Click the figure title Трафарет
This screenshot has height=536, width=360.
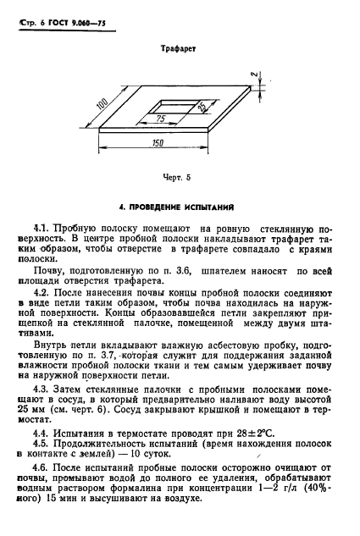tap(179, 50)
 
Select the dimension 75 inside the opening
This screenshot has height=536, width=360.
tap(159, 119)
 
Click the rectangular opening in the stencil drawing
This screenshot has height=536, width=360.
tap(174, 108)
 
